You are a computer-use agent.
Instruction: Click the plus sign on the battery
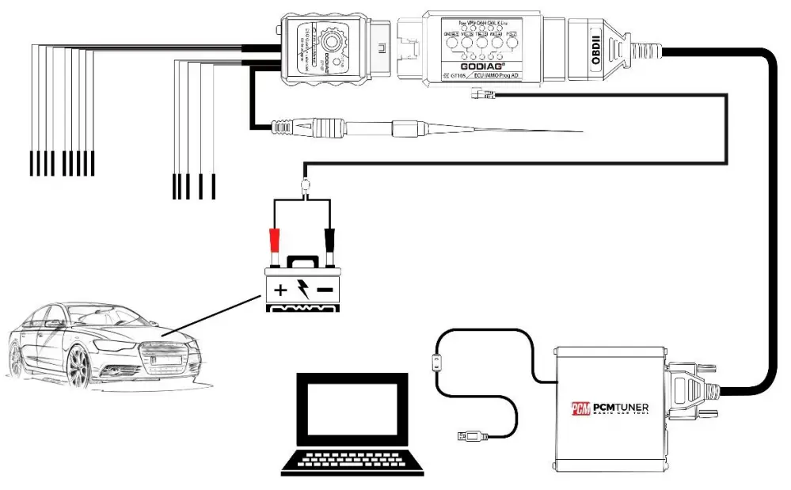[280, 290]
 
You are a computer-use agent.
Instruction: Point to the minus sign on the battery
[325, 290]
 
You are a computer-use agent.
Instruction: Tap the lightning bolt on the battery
[302, 289]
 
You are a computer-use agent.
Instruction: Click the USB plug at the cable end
[467, 435]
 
